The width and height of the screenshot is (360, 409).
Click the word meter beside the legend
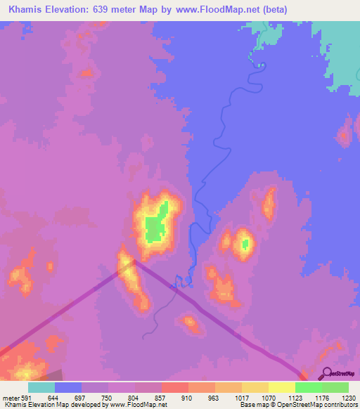[x=11, y=398]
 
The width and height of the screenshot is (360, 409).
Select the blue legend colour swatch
[x=67, y=387]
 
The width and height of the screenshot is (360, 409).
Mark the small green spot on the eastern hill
[x=245, y=244]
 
